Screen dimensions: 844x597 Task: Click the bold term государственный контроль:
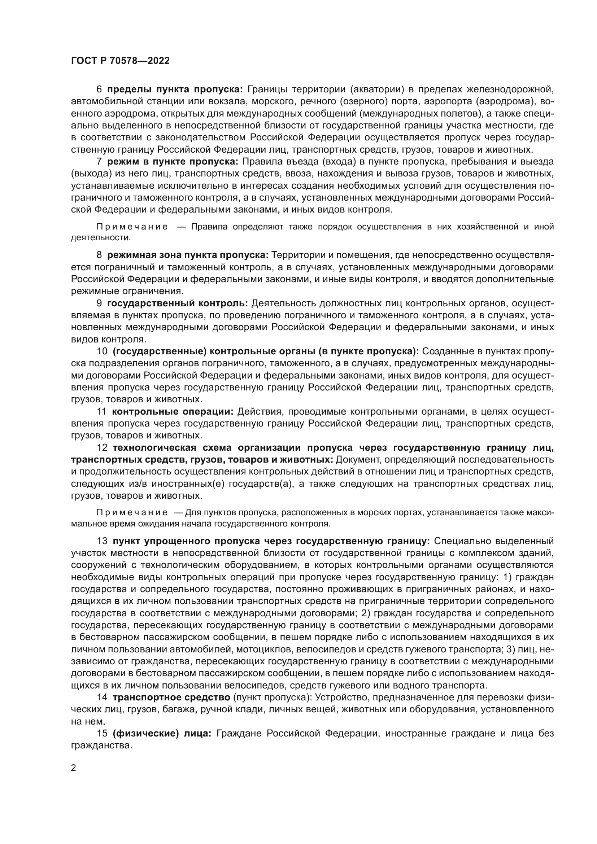point(178,303)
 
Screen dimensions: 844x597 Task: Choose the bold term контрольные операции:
point(173,411)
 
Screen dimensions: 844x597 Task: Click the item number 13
point(102,541)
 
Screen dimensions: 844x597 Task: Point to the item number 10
point(102,351)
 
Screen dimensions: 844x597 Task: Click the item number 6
point(99,89)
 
